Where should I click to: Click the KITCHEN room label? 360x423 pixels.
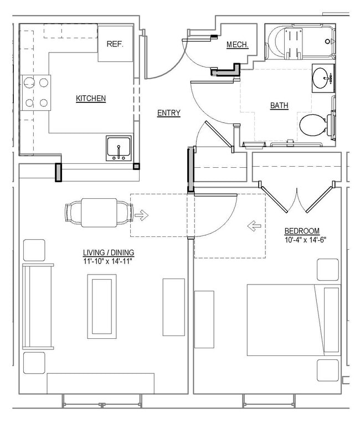(x=91, y=99)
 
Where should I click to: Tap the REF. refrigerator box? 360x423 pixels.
(x=115, y=44)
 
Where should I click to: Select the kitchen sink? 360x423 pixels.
(x=119, y=148)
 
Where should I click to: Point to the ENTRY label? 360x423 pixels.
(x=169, y=113)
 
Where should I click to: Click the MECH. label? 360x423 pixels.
(x=237, y=45)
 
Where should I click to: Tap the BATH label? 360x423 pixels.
(x=279, y=105)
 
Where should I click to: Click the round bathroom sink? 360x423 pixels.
(x=322, y=78)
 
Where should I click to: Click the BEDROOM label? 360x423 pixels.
(x=302, y=231)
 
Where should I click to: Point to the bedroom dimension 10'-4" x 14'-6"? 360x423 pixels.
(x=302, y=240)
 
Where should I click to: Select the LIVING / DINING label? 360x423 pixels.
(x=109, y=252)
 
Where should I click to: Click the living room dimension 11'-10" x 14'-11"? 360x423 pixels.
(x=109, y=260)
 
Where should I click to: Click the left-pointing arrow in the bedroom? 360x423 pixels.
(x=254, y=225)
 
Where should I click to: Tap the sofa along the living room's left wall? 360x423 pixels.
(x=38, y=307)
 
